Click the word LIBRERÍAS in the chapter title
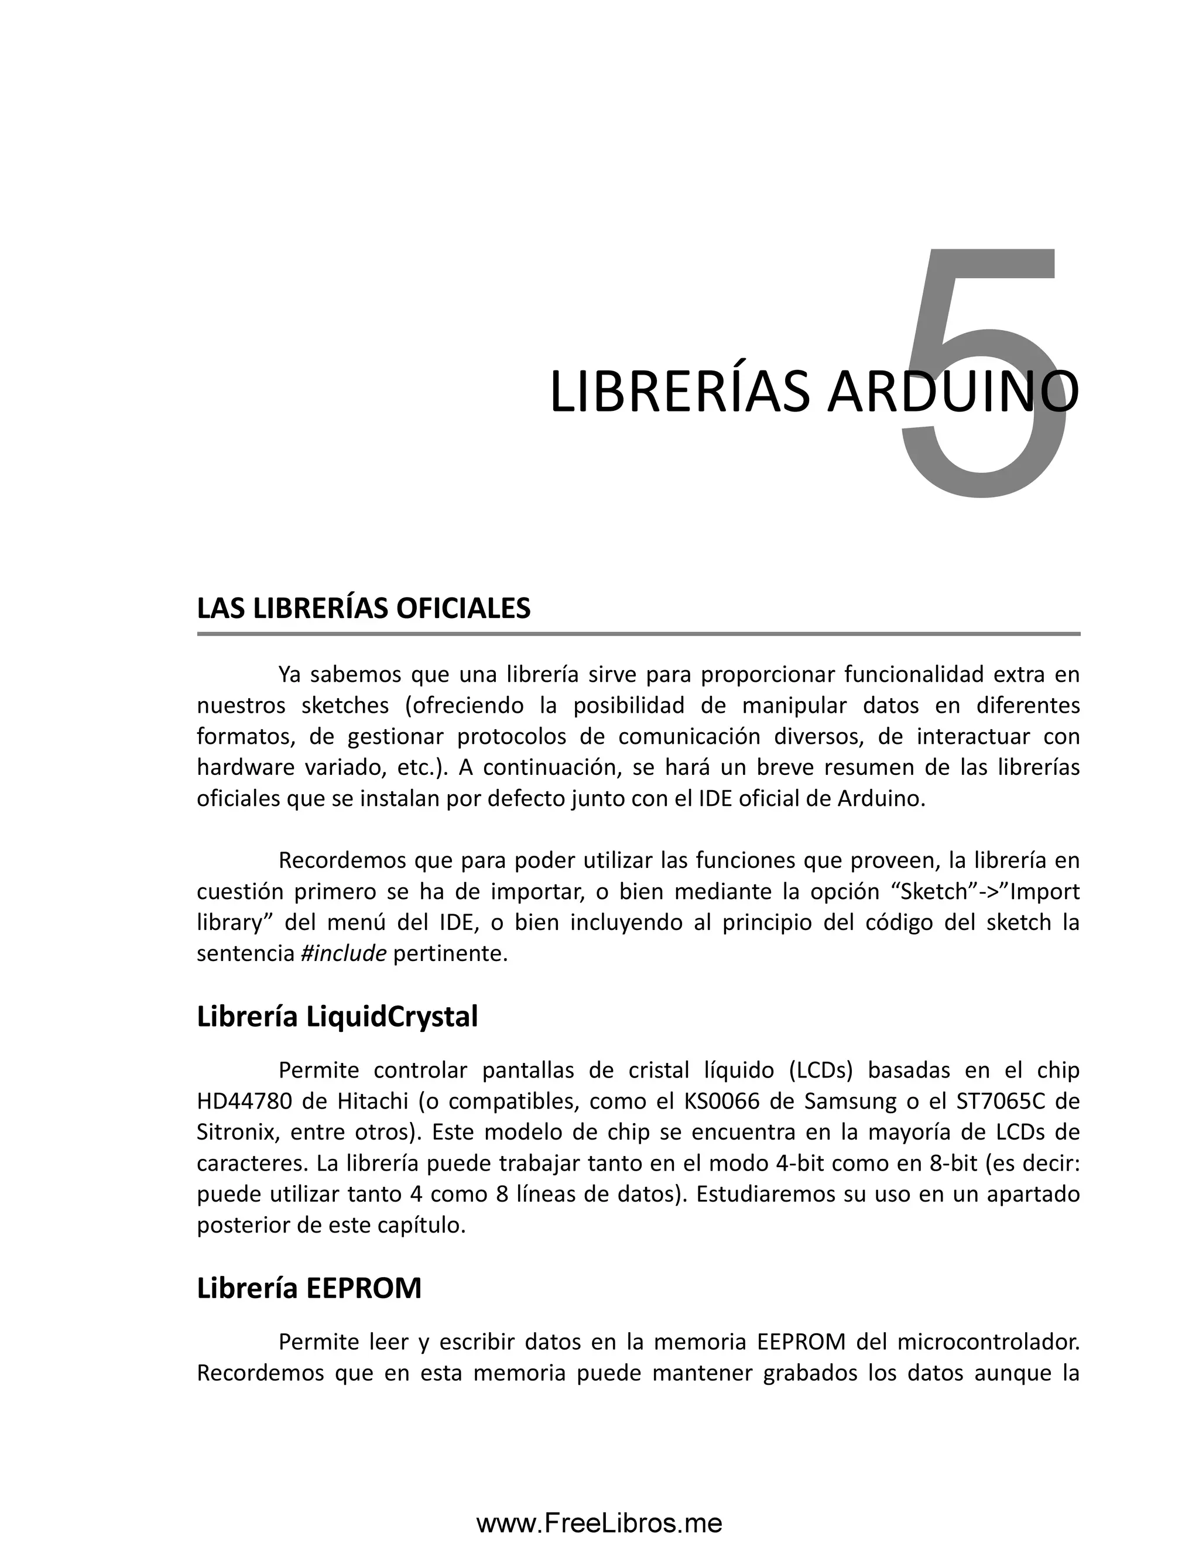pyautogui.click(x=679, y=392)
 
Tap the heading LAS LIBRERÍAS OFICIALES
pyautogui.click(x=364, y=608)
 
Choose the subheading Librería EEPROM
pyautogui.click(x=309, y=1288)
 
